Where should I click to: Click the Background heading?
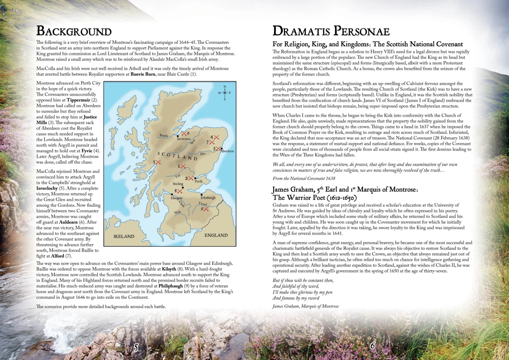coord(74,31)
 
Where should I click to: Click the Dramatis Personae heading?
coord(331,31)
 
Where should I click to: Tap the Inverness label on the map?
coord(184,139)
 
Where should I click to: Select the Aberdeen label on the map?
coord(227,151)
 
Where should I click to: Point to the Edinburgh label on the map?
coord(208,197)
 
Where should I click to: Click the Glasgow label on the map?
coord(176,198)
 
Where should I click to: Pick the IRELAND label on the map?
coord(124,236)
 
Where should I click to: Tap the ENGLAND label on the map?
coord(216,235)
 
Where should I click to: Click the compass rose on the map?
coord(225,93)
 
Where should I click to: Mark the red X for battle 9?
coord(206,209)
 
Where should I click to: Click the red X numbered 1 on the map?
coord(183,166)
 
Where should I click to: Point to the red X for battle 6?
coord(184,133)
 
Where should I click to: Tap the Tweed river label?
coord(203,204)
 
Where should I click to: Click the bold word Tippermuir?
coord(78,100)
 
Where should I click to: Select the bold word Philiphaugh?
coord(170,286)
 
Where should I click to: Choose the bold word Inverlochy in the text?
coord(47,188)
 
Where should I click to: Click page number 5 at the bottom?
coord(136,347)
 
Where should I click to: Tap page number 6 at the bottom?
coord(373,345)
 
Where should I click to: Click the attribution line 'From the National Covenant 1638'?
coord(304,178)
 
